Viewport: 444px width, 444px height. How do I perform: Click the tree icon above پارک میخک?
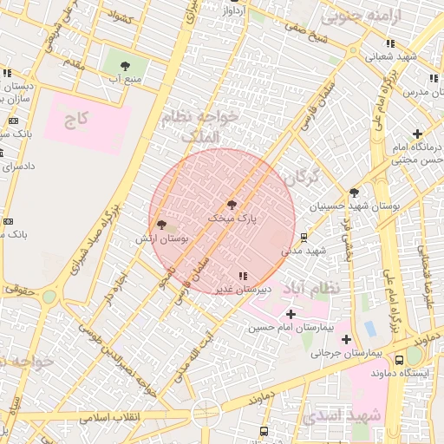[232, 205]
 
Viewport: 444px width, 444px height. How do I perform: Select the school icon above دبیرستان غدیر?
[241, 276]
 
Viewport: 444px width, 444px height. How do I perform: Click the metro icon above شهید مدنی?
[304, 237]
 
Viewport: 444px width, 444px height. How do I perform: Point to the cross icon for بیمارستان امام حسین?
[290, 314]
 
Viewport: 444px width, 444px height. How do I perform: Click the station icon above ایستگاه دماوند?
[399, 360]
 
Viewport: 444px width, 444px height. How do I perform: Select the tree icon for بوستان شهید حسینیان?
[354, 193]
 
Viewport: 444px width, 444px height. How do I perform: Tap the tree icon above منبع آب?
[126, 65]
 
